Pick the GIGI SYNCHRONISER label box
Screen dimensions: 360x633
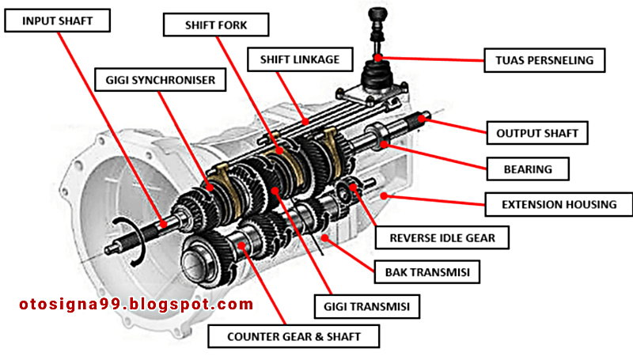[x=160, y=79]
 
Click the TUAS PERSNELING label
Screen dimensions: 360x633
[x=544, y=59]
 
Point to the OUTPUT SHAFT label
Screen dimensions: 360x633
[x=536, y=132]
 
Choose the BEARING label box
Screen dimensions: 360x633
[x=528, y=169]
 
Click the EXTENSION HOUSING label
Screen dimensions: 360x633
[x=559, y=204]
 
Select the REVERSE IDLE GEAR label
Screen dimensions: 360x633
[x=438, y=236]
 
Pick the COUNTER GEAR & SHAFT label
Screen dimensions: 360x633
[x=294, y=336]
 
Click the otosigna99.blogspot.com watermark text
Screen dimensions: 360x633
[x=135, y=304]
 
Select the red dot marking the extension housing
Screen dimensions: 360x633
[x=383, y=194]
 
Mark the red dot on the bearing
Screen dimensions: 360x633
[x=383, y=143]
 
